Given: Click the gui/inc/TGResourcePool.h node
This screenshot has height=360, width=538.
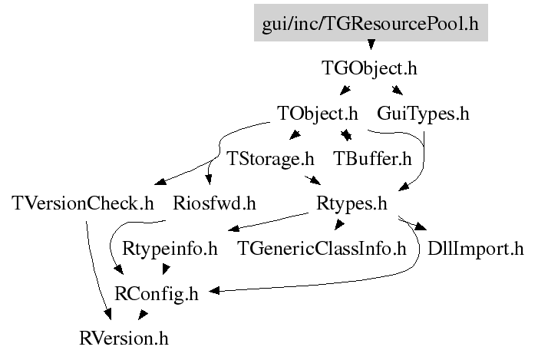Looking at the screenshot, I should click(x=370, y=23).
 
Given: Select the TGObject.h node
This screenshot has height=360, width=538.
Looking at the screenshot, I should click(x=368, y=68).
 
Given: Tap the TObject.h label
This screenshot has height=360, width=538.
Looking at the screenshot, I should click(x=318, y=114).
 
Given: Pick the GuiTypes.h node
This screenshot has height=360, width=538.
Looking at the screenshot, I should click(x=423, y=114).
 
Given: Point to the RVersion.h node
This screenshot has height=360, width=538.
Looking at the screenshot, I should click(x=124, y=337).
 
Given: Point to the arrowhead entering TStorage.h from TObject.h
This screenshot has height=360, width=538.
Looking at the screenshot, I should click(x=294, y=137).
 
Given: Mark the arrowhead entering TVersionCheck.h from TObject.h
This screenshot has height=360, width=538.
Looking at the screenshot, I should click(x=157, y=182).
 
